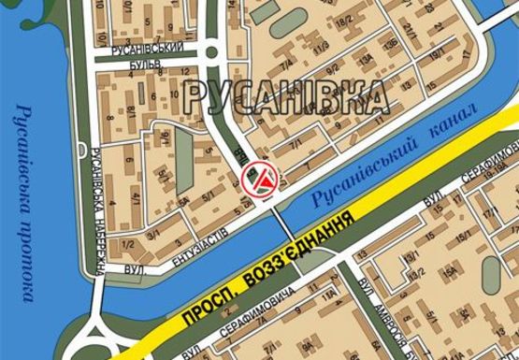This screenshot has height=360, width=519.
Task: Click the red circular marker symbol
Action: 258,180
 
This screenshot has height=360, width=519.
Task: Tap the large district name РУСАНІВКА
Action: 285,95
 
